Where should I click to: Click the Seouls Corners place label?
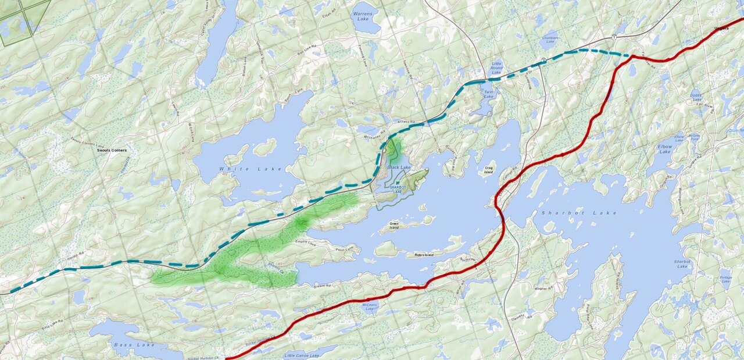[x=112, y=150]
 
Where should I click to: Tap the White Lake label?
[x=250, y=169]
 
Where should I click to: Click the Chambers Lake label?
[x=550, y=40]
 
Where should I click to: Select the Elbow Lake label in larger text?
[x=664, y=149]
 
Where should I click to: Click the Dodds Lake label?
[x=696, y=97]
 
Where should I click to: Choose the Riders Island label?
[x=423, y=255]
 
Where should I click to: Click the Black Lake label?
[x=399, y=167]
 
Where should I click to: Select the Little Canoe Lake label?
[x=302, y=355]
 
